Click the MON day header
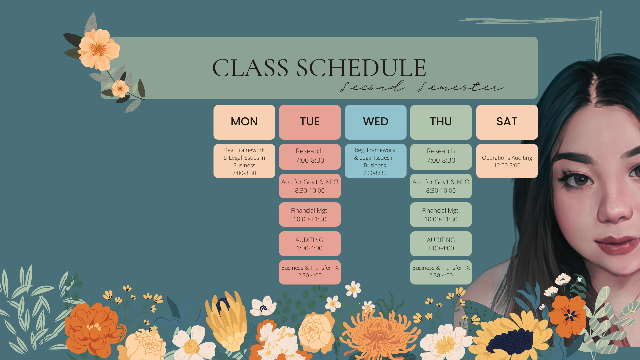click(244, 122)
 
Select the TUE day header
click(310, 122)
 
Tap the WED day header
click(375, 122)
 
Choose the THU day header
click(441, 122)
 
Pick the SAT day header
click(507, 122)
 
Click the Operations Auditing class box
click(507, 161)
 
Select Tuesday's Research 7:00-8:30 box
click(310, 157)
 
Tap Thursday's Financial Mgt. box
click(441, 215)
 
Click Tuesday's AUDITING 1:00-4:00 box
click(310, 244)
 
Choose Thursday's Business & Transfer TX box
click(441, 272)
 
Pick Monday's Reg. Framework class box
click(244, 161)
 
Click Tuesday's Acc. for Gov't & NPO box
click(310, 186)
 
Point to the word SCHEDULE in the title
click(361, 68)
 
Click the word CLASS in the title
click(250, 68)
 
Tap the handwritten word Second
click(372, 86)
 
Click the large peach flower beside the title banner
click(99, 49)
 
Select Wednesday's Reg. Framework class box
click(375, 161)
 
